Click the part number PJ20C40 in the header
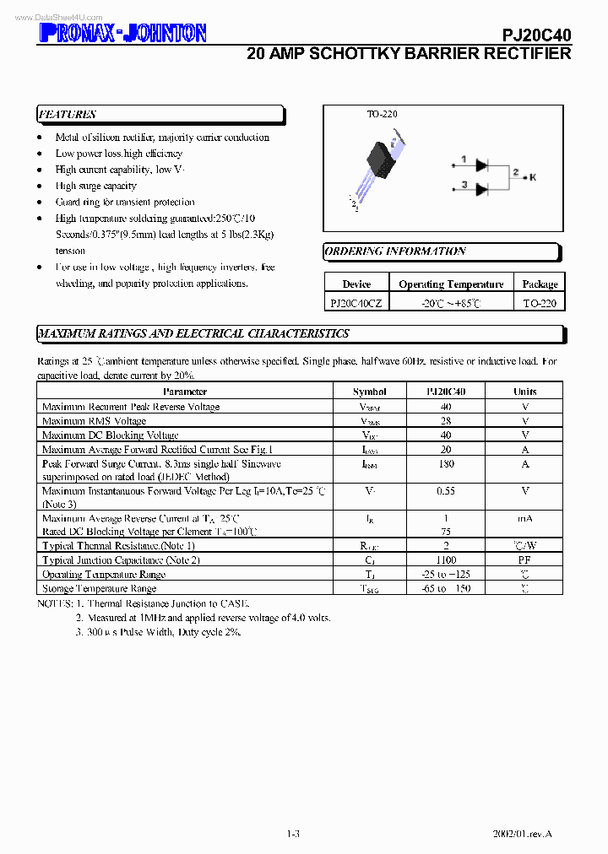point(536,34)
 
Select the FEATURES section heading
point(68,115)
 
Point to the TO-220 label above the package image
point(382,114)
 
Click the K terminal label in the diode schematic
point(533,176)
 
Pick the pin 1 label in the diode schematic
point(464,159)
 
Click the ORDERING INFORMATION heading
point(395,251)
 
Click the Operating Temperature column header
point(451,284)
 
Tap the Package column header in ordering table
point(540,284)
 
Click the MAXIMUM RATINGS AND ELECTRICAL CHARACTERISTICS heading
point(194,333)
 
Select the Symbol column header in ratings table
point(370,392)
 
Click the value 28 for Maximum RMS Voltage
point(446,420)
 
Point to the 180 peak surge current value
point(446,463)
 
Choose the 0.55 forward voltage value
point(446,490)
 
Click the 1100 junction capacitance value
point(446,559)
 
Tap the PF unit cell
point(524,559)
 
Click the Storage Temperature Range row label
point(99,588)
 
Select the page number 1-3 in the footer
point(293,835)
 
